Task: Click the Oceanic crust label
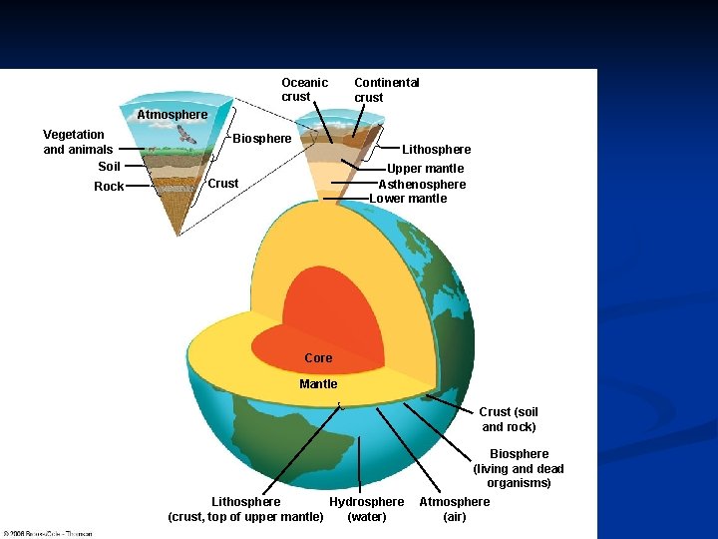[304, 90]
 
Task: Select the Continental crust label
[386, 90]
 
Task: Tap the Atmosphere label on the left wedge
[173, 115]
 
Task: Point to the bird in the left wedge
[186, 135]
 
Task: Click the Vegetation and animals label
[78, 142]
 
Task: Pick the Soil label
[109, 167]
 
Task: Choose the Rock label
[109, 187]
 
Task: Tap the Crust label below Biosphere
[223, 184]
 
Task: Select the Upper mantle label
[425, 170]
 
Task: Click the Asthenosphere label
[422, 185]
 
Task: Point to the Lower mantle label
[408, 199]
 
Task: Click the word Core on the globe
[318, 358]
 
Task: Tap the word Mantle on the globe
[318, 384]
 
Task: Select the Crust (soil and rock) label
[509, 419]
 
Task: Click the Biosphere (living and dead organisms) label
[519, 468]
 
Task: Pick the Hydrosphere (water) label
[366, 509]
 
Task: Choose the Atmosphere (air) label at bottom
[454, 509]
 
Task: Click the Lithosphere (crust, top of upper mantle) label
[245, 509]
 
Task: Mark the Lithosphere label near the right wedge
[436, 150]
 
